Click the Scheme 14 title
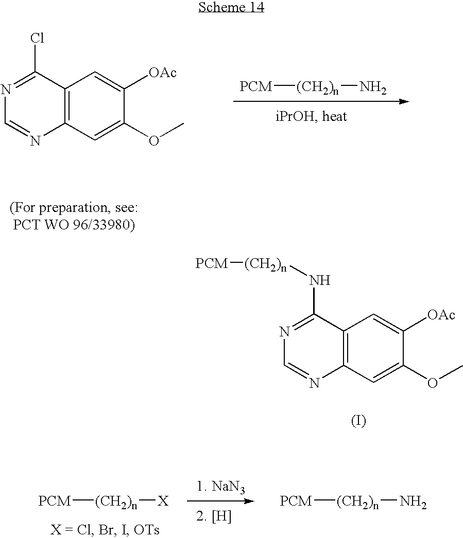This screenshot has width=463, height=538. pos(231,7)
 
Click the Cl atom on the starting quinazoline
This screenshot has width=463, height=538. pos(37,38)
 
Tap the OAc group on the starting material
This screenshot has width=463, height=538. pos(162,73)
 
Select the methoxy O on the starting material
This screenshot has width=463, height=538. pos(154,141)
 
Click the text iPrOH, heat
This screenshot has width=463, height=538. pos(311,117)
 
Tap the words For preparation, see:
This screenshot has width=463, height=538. pos(74,208)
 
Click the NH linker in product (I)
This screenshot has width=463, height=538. pos(320,280)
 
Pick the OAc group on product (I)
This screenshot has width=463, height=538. pos(441,315)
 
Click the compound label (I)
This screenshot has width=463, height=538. pos(358,420)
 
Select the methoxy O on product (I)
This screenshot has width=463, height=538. pos(433,383)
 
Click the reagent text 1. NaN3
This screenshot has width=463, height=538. pos(220,487)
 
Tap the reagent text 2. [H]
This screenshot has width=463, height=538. pos(214,516)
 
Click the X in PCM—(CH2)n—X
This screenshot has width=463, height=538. pos(163,501)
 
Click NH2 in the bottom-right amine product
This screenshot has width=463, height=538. pos(413,502)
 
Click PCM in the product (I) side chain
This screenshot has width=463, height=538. pos(212,263)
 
